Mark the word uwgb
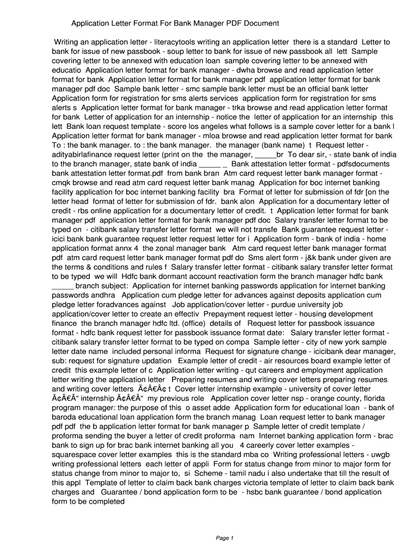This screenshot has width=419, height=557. pos(379,454)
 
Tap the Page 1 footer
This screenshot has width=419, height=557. pos(225,539)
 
